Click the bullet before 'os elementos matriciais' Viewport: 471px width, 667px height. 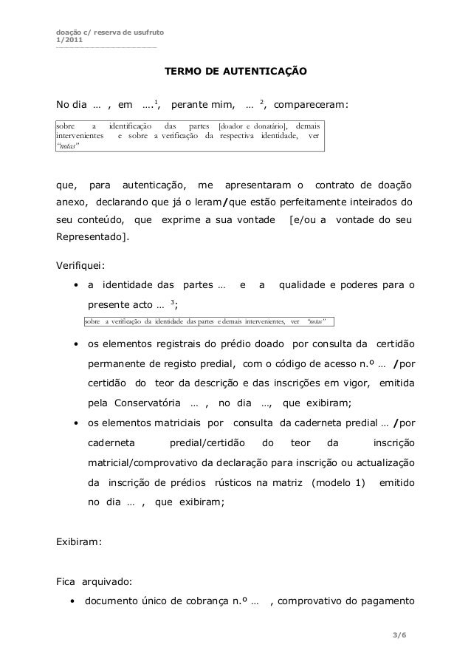point(76,423)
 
